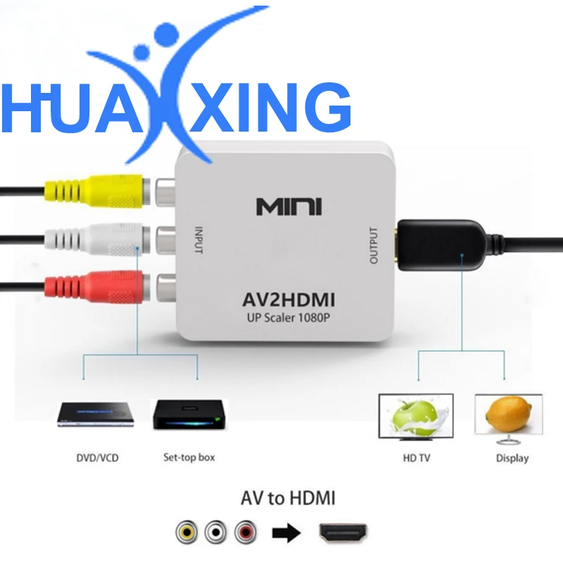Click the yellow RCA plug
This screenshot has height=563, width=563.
tap(91, 190)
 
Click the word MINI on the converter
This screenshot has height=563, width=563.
tap(289, 207)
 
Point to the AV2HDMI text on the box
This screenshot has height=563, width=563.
tap(289, 301)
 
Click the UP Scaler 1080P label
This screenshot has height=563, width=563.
tap(289, 318)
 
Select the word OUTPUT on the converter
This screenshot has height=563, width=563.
tap(374, 245)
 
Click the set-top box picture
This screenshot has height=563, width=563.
tap(188, 415)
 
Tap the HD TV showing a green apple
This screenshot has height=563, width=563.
tap(416, 417)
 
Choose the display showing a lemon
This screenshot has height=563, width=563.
tap(508, 417)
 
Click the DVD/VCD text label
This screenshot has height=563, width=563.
tap(97, 458)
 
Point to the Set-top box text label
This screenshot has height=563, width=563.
tap(189, 458)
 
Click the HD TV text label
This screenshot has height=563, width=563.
tap(415, 458)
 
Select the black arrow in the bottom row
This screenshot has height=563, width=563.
tap(285, 533)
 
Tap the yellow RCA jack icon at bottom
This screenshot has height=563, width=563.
tap(187, 532)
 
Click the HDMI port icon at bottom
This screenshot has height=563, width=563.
tap(343, 532)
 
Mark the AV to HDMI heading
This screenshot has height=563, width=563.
tap(288, 499)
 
